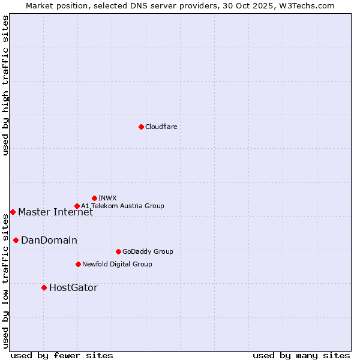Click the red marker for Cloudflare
click(x=141, y=127)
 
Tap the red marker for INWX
click(x=94, y=198)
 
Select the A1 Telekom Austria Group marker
click(x=77, y=206)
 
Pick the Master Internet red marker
click(x=13, y=212)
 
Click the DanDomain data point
click(x=16, y=240)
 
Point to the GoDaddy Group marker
click(x=118, y=251)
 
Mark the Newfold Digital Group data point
click(x=78, y=264)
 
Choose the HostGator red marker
click(x=44, y=287)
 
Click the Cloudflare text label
click(x=161, y=127)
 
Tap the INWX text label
click(x=107, y=198)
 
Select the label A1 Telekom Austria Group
click(x=122, y=206)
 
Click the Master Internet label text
click(x=55, y=212)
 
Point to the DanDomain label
click(x=49, y=240)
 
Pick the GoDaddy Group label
click(x=148, y=251)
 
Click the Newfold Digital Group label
click(x=117, y=264)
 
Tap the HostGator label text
click(x=73, y=287)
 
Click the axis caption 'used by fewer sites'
click(x=62, y=355)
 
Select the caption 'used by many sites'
click(x=301, y=355)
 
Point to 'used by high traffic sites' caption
click(x=5, y=86)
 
